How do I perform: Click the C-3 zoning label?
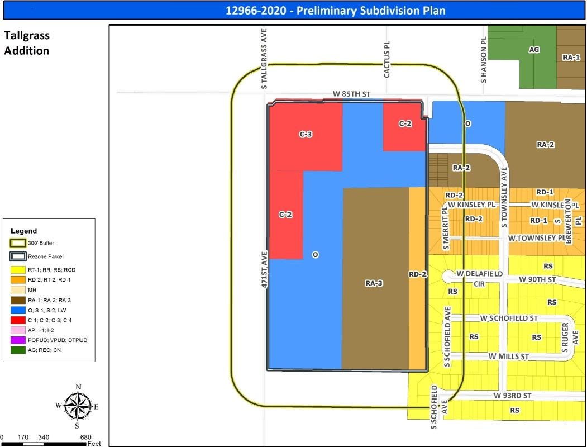click(305, 134)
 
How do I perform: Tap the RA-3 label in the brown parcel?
click(374, 283)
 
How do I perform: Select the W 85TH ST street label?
click(352, 93)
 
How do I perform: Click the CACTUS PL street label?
click(386, 59)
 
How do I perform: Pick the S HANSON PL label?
click(484, 60)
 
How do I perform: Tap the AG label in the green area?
click(534, 50)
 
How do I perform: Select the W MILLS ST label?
click(508, 356)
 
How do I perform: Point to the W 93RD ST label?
click(512, 396)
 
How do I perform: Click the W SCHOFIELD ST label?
click(509, 318)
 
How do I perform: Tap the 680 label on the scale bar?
click(85, 437)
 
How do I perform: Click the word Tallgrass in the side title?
click(27, 35)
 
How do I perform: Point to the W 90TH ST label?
click(538, 279)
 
